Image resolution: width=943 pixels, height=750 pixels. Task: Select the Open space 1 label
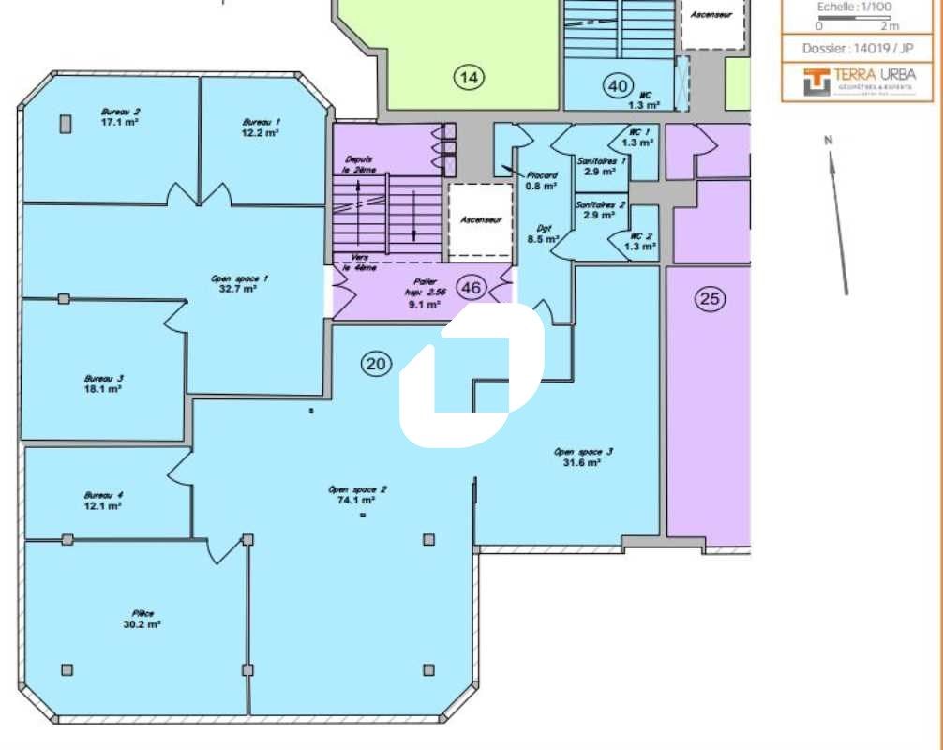coord(240,277)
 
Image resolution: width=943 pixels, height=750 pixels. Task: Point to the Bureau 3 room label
coord(103,378)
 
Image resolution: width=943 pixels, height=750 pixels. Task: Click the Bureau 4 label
coord(103,495)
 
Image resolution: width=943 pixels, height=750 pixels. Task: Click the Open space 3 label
coord(583,451)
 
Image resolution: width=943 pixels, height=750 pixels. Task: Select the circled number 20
coord(376,365)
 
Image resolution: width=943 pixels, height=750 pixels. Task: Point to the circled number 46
coord(471,288)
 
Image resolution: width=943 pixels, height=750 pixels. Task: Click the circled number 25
coord(710,299)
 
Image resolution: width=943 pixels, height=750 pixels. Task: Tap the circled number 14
coord(470,78)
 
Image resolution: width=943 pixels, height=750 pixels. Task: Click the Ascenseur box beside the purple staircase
coord(480,220)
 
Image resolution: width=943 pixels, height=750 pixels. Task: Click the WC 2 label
coord(641,236)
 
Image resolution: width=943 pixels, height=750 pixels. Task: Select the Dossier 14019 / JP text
coord(857,48)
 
